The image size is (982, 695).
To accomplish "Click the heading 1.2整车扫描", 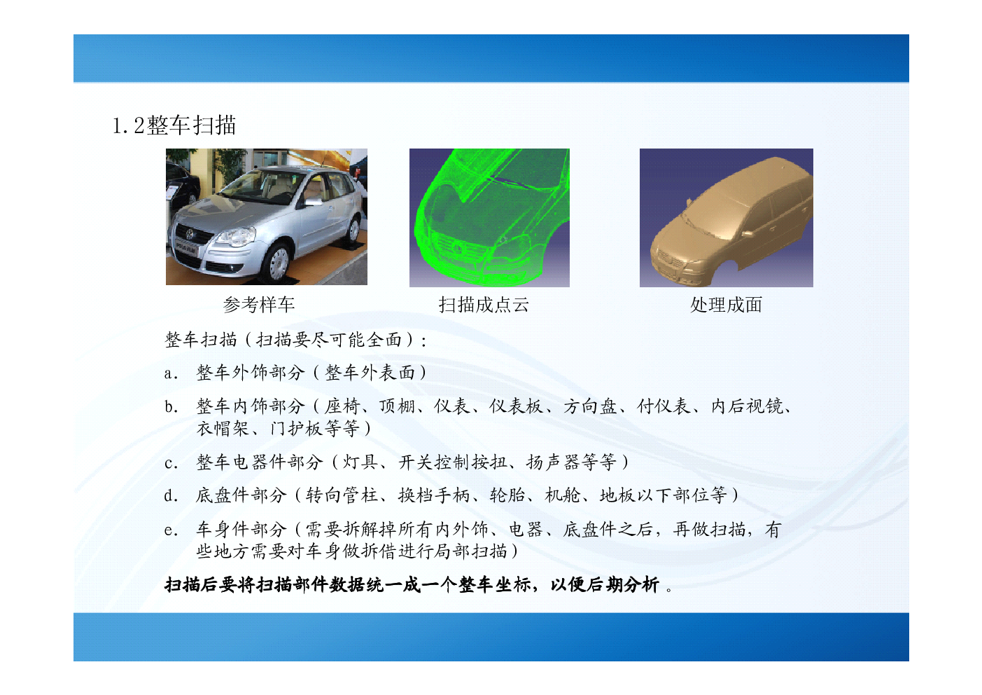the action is [x=174, y=125].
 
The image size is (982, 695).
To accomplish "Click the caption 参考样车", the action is [x=259, y=305].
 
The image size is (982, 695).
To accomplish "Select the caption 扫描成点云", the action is [x=484, y=305].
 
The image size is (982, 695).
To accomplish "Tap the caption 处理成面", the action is [x=726, y=305].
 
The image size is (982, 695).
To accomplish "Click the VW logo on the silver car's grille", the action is [x=190, y=234].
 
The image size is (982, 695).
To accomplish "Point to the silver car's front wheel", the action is [x=278, y=263].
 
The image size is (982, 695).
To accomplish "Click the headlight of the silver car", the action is [x=237, y=237].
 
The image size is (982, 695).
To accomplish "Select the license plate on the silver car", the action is [x=186, y=248].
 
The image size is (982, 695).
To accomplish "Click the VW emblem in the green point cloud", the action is [x=458, y=249].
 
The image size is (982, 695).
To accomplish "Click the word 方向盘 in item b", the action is [x=590, y=406].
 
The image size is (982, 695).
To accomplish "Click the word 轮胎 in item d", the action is [x=507, y=496].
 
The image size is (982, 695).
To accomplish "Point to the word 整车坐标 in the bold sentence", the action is [x=495, y=585].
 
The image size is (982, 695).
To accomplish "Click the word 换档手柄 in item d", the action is [x=433, y=496].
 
